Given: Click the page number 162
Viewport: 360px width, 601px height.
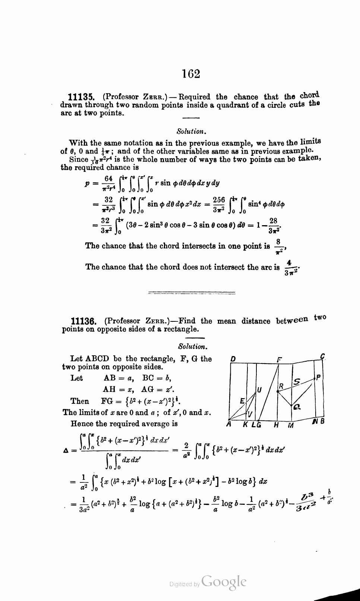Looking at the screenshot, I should [x=192, y=74].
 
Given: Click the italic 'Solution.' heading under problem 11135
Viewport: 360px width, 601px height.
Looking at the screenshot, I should [x=191, y=131].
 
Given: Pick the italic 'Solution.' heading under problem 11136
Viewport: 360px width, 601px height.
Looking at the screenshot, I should [x=192, y=346].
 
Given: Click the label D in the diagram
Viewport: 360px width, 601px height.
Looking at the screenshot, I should [x=233, y=359].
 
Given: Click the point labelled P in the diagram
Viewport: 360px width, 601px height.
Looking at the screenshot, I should [x=319, y=377].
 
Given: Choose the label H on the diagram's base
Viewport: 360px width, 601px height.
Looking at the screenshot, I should [x=276, y=425].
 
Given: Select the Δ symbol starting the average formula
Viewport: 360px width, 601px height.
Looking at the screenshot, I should [x=66, y=450].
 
